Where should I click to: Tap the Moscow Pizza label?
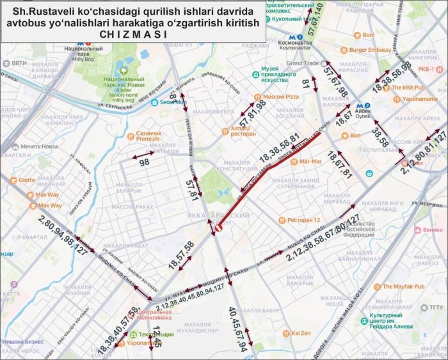tap(281, 97)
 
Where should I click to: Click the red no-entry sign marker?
tap(218, 226)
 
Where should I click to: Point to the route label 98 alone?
tap(145, 163)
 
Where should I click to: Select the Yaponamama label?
tap(420, 100)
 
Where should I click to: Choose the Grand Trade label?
tap(303, 63)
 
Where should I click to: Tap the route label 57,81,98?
tap(253, 115)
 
